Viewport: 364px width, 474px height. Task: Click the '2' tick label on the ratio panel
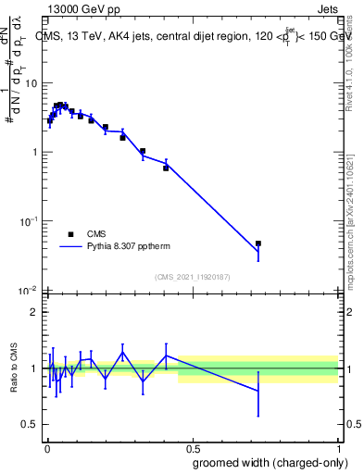pyautogui.click(x=33, y=312)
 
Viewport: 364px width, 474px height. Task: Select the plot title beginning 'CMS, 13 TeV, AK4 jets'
pyautogui.click(x=192, y=36)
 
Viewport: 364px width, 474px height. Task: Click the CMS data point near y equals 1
pyautogui.click(x=143, y=151)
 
